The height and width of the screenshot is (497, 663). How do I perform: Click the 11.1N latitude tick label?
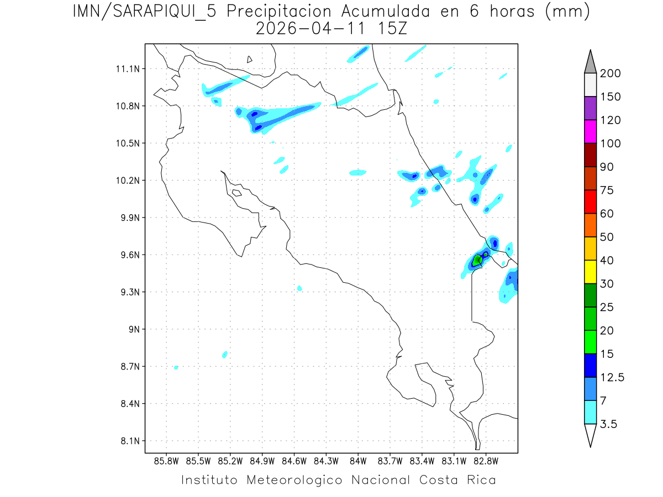click(x=126, y=69)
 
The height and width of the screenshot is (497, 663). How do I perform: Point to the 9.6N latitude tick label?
click(x=126, y=255)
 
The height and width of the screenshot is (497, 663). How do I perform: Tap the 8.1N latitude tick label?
click(x=126, y=441)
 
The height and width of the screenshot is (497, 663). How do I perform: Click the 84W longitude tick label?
click(x=358, y=461)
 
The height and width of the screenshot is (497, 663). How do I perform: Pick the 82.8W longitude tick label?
click(x=486, y=461)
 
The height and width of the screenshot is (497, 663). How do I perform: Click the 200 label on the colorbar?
click(x=611, y=73)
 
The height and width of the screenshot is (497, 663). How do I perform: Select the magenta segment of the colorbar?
click(x=590, y=131)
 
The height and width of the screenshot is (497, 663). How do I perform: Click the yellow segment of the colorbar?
click(x=590, y=272)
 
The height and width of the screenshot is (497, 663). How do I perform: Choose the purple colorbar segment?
click(x=590, y=108)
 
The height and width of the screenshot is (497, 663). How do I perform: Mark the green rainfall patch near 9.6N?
click(x=478, y=260)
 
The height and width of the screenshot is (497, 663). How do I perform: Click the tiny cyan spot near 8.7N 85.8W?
click(x=176, y=367)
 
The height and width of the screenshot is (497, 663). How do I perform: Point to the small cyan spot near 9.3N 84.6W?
click(x=299, y=288)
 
